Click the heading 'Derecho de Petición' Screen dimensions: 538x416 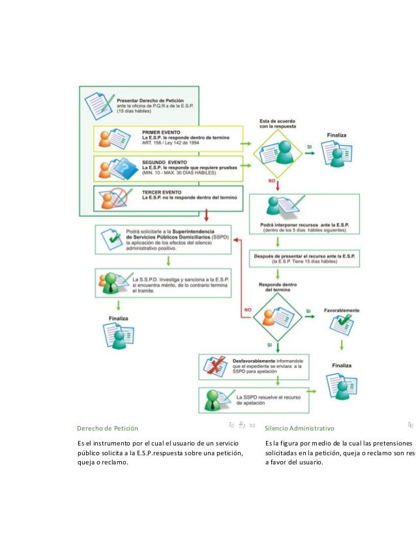click(x=108, y=429)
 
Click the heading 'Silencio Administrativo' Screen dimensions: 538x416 click(x=299, y=429)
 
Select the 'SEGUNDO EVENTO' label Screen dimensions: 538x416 click(x=164, y=162)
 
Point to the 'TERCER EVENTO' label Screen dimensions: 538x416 click(x=162, y=191)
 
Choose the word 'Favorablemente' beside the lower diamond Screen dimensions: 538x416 click(x=342, y=311)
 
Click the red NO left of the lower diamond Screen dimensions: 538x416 click(x=247, y=309)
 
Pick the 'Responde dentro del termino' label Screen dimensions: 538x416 click(x=277, y=289)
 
